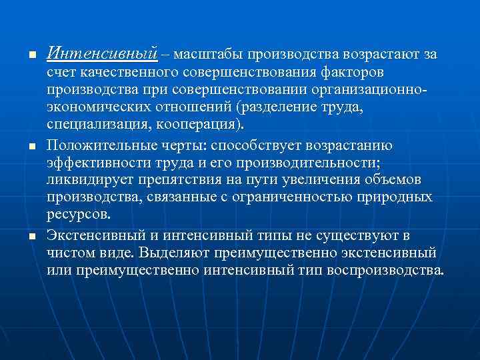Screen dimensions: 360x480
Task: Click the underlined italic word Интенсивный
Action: pos(102,53)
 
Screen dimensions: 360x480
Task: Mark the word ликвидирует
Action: pos(86,180)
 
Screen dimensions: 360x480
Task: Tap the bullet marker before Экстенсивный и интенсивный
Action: pos(23,237)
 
